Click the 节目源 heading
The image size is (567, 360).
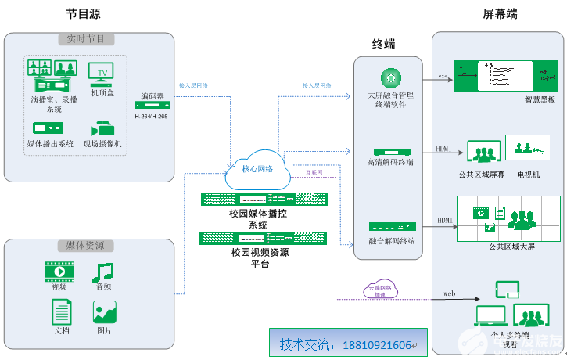[x=83, y=14]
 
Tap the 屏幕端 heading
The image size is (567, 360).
[x=500, y=14]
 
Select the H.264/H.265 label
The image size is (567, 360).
[x=152, y=116]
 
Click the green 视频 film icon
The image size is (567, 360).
[x=59, y=272]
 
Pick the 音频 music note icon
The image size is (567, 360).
[x=102, y=272]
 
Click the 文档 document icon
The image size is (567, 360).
[x=62, y=311]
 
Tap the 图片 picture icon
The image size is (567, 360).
[x=104, y=312]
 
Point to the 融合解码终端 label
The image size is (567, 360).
[x=392, y=241]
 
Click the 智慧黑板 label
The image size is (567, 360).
[x=540, y=100]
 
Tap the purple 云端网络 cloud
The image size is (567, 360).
[x=381, y=291]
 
